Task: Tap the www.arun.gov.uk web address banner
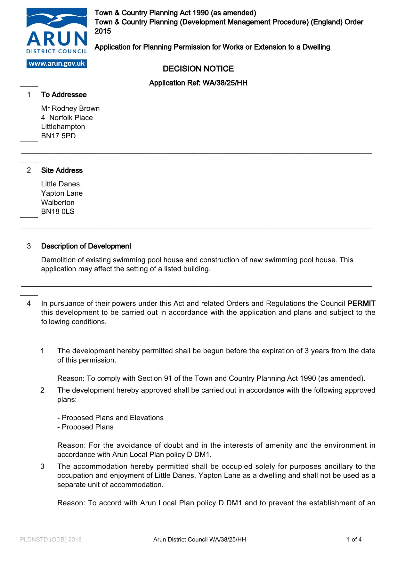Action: tap(57, 63)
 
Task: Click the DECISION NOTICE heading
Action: tap(198, 69)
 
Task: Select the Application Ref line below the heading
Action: tap(198, 83)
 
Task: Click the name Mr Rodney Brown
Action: tap(70, 109)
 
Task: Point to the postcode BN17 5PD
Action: tap(59, 136)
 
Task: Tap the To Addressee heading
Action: tap(64, 95)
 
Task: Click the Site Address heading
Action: tap(62, 170)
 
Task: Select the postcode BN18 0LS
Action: tap(58, 212)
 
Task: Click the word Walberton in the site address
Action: tap(58, 203)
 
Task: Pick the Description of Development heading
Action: tap(86, 246)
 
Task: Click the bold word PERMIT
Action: tap(361, 304)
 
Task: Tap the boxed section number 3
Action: tap(29, 246)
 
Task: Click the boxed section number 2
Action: tap(29, 170)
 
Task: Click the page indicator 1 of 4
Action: tap(354, 540)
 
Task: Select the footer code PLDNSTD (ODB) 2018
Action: tap(51, 540)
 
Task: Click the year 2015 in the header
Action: tap(103, 31)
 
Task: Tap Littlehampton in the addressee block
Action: tap(63, 127)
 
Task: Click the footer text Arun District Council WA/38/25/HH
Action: tap(199, 540)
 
